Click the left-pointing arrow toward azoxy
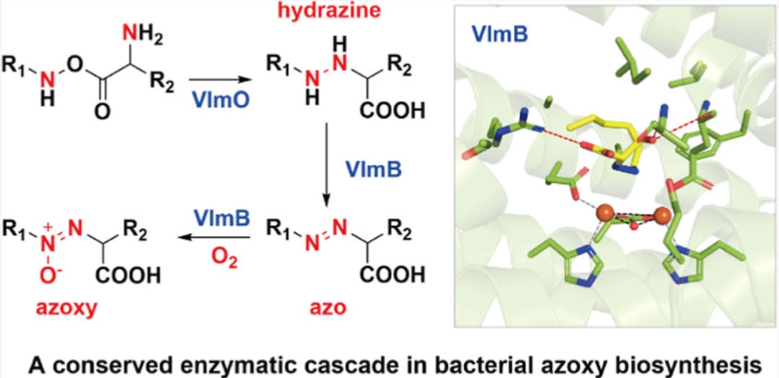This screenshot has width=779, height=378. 217,237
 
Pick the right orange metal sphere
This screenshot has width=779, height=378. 661,216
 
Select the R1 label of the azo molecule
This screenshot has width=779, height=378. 278,231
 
